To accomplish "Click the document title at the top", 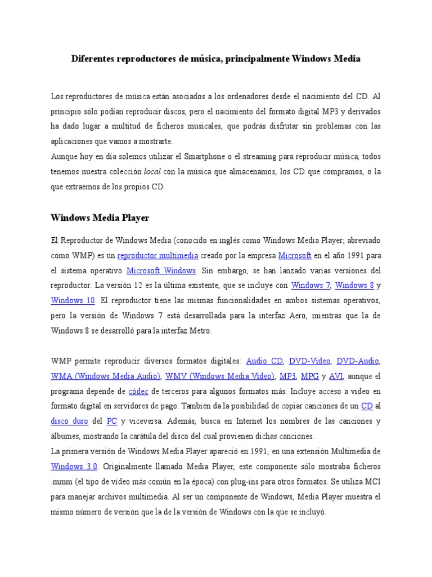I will coord(215,59).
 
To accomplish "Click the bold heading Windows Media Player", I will coord(100,218).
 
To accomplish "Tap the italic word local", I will coord(152,172).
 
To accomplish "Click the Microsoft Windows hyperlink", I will coord(161,270).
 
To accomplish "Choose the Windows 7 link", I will coord(311,285).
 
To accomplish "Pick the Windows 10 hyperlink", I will coord(73,300).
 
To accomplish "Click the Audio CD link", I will coord(264,361).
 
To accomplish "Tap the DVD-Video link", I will coord(309,361).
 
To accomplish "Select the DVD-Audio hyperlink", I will coord(358,361).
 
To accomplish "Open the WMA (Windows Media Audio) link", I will coord(106,376).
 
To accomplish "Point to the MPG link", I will coord(310,376).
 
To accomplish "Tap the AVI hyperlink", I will coord(336,376).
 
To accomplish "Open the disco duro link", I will coord(69,421).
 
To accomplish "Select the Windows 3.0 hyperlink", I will coord(74,466).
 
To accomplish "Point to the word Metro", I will coord(200,331).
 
